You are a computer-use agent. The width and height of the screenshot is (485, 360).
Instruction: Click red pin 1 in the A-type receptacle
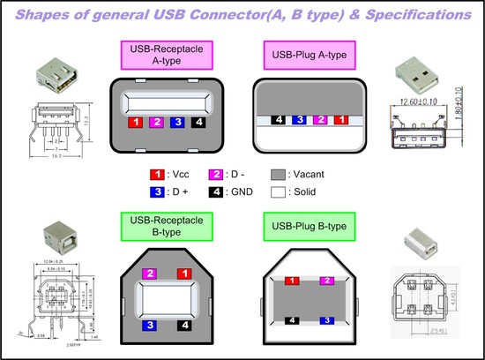pyautogui.click(x=136, y=123)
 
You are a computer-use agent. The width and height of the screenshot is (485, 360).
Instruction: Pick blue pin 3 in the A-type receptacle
pyautogui.click(x=179, y=123)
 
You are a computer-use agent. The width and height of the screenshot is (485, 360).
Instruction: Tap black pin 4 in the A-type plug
pyautogui.click(x=278, y=118)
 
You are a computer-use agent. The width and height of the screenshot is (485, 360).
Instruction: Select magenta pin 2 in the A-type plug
pyautogui.click(x=321, y=118)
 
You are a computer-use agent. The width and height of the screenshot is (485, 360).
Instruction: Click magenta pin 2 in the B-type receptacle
pyautogui.click(x=150, y=274)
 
